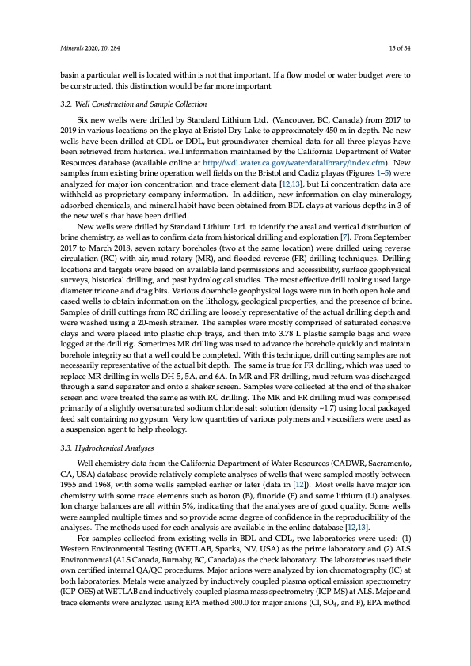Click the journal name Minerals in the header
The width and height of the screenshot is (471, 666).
(x=74, y=50)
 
